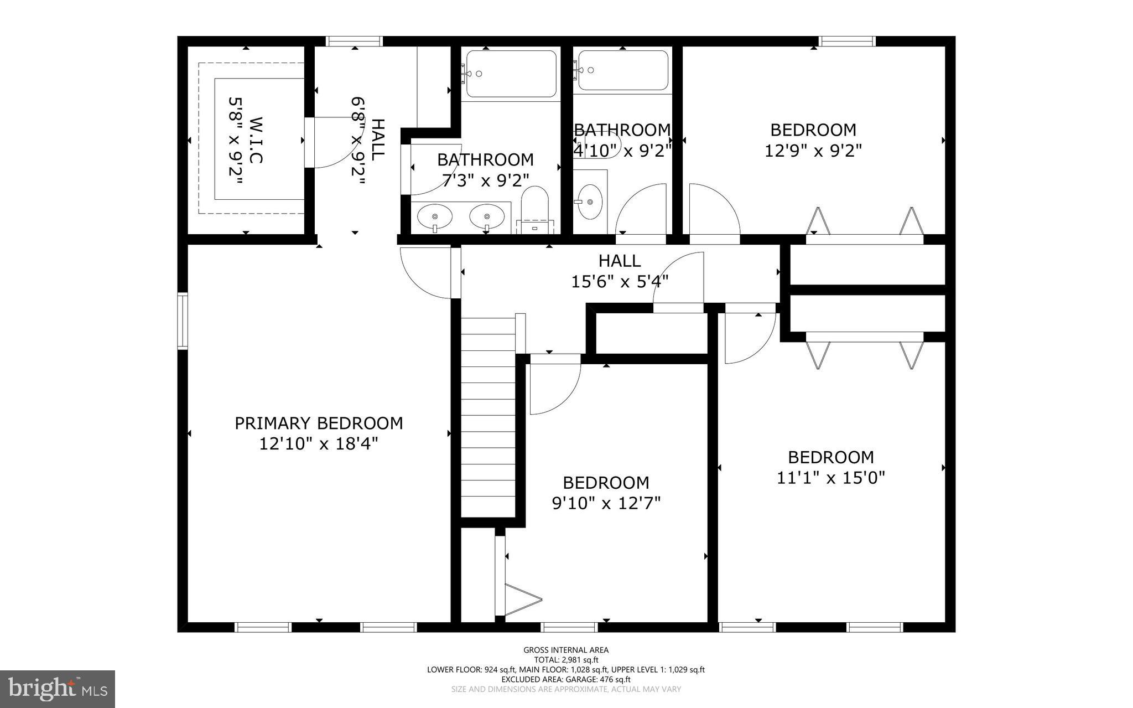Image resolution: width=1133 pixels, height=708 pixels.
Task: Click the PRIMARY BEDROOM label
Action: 319,423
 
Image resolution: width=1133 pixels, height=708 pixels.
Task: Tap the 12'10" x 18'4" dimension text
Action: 319,444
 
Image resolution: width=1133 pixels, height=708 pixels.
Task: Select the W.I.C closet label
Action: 255,139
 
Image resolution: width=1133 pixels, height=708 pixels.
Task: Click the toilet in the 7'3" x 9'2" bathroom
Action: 534,209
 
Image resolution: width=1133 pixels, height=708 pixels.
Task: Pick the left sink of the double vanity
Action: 434,216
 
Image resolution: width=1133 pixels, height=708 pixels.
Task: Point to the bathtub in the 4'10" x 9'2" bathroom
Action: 622,70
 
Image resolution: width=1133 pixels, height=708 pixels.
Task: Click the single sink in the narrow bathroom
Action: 590,201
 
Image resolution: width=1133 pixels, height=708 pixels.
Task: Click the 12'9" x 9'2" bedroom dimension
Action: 813,151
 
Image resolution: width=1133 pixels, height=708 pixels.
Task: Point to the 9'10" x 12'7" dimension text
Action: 606,503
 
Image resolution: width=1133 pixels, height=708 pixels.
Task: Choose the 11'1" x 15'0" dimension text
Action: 831,478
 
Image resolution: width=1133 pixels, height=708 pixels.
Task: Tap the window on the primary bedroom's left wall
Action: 182,321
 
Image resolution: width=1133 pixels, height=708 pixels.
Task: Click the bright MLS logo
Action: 58,689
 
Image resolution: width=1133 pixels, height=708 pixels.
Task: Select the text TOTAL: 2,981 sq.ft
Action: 566,660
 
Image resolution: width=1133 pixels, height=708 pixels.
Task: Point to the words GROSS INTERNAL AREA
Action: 566,650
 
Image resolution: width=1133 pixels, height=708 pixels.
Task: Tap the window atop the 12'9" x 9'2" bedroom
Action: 847,41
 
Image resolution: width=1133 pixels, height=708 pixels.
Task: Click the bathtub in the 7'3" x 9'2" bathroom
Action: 511,74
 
